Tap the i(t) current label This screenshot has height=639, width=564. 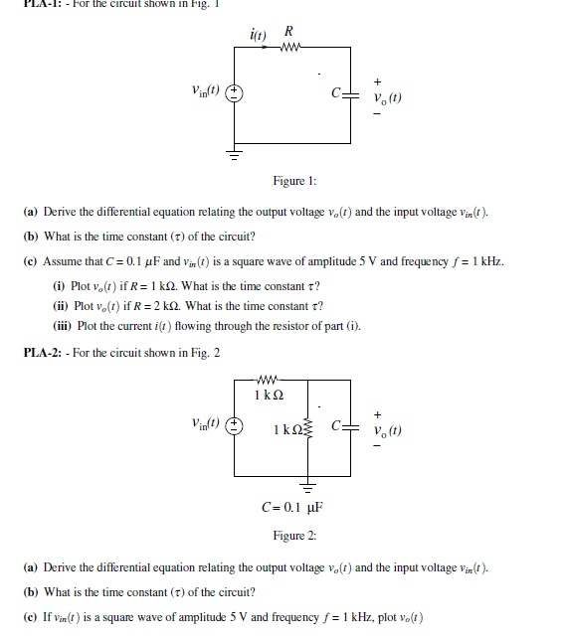(x=260, y=35)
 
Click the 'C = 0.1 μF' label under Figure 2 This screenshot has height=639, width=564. (x=294, y=509)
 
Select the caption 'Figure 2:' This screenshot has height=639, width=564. (x=294, y=536)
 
